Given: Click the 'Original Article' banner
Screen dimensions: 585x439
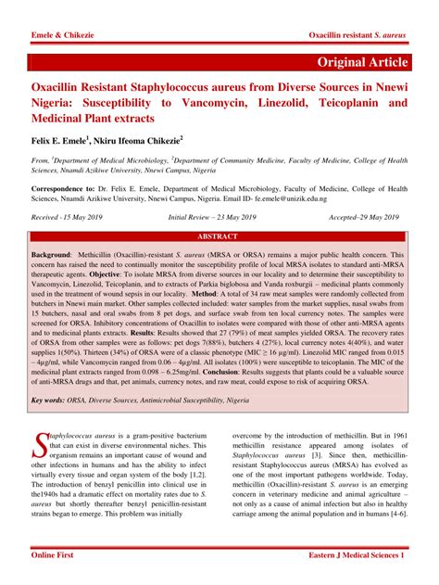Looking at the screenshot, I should [x=362, y=61].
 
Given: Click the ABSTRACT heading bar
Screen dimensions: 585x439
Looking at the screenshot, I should [x=219, y=236].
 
